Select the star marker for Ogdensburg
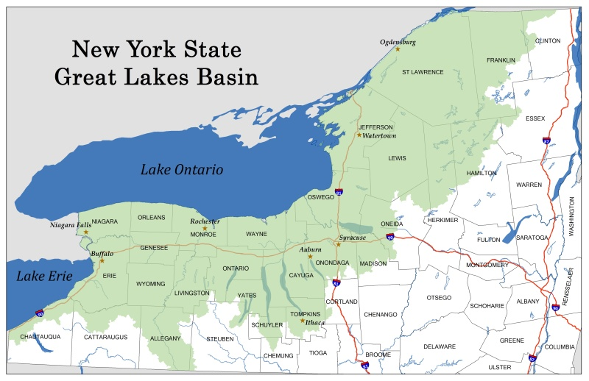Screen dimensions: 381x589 click(x=398, y=49)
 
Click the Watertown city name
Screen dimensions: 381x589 click(x=380, y=135)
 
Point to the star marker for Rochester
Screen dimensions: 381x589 click(x=205, y=228)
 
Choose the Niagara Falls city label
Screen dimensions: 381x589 click(x=71, y=225)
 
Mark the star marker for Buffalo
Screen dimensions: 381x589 click(x=102, y=260)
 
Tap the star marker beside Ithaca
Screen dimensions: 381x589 click(x=303, y=321)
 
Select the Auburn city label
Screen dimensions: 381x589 click(x=310, y=250)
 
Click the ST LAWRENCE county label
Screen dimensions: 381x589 click(x=423, y=72)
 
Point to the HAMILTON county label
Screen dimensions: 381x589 click(x=482, y=173)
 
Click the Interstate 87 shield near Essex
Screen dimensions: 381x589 click(x=546, y=140)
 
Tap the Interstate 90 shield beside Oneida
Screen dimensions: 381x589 click(x=389, y=237)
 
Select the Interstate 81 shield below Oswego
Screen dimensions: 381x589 click(x=339, y=193)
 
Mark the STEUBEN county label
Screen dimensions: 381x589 click(x=220, y=339)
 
